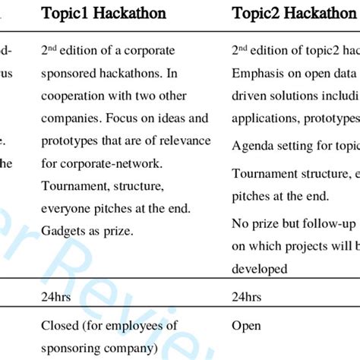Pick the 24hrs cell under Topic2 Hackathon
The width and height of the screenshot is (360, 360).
pyautogui.click(x=248, y=297)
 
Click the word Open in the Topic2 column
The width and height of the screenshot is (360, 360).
pyautogui.click(x=246, y=326)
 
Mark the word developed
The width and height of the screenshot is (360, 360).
pyautogui.click(x=259, y=269)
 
